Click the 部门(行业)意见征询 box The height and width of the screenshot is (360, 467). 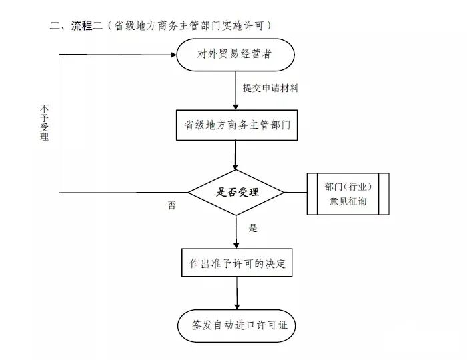(348, 193)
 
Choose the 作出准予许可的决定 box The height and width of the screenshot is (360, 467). (237, 263)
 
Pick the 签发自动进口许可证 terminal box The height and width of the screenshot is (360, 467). (237, 325)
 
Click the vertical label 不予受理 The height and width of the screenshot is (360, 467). (45, 122)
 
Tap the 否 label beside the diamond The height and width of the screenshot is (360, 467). (172, 205)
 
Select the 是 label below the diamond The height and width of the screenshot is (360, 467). (253, 228)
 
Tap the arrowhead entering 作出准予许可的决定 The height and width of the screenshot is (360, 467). (236, 245)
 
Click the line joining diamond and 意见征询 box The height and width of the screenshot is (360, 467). (296, 193)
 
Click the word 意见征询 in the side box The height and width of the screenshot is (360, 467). (348, 202)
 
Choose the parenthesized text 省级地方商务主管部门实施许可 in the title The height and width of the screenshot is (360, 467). (192, 26)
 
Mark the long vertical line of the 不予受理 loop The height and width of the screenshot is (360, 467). (59, 123)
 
